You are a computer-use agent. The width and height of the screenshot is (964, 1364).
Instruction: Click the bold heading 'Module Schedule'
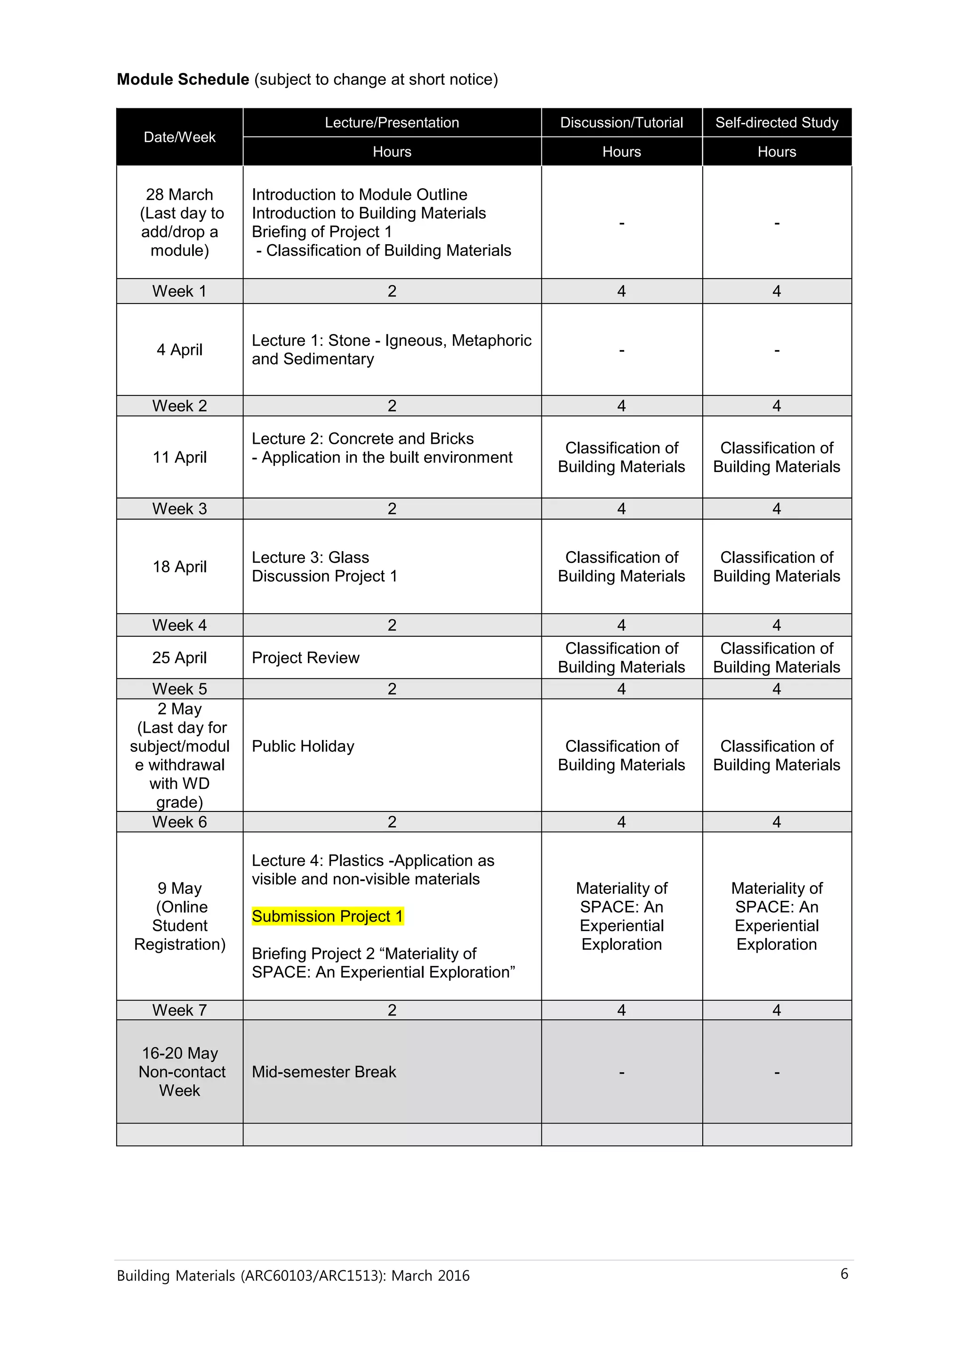[183, 80]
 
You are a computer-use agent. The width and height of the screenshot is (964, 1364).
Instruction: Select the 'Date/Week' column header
[179, 137]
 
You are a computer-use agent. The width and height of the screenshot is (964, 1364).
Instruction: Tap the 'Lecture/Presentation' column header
[392, 123]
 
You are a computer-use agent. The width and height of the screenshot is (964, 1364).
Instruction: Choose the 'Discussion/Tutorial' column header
[621, 123]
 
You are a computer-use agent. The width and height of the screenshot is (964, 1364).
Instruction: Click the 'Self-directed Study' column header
[776, 123]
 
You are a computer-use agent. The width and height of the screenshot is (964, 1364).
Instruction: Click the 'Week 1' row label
[179, 291]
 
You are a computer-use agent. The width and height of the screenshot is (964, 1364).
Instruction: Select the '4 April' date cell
[179, 350]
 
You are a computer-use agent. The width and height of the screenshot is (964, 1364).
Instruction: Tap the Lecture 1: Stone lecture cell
[392, 350]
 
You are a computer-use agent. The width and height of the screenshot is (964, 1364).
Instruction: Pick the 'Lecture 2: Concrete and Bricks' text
[362, 439]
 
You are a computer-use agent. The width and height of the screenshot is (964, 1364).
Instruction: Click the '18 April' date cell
[179, 567]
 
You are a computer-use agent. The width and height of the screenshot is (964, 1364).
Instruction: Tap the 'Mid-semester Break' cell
[324, 1072]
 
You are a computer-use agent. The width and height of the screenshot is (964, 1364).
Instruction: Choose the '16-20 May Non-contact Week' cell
[179, 1072]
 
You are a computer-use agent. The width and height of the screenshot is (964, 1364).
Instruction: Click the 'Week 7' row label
[179, 1010]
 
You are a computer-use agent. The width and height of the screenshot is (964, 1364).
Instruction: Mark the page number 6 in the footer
[844, 1274]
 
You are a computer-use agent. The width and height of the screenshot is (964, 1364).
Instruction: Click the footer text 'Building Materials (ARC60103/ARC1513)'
[293, 1276]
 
